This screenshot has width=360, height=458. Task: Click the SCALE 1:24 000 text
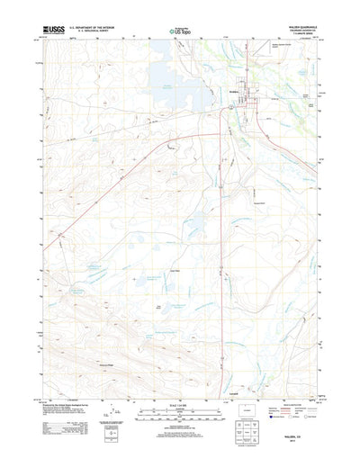tap(179, 386)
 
